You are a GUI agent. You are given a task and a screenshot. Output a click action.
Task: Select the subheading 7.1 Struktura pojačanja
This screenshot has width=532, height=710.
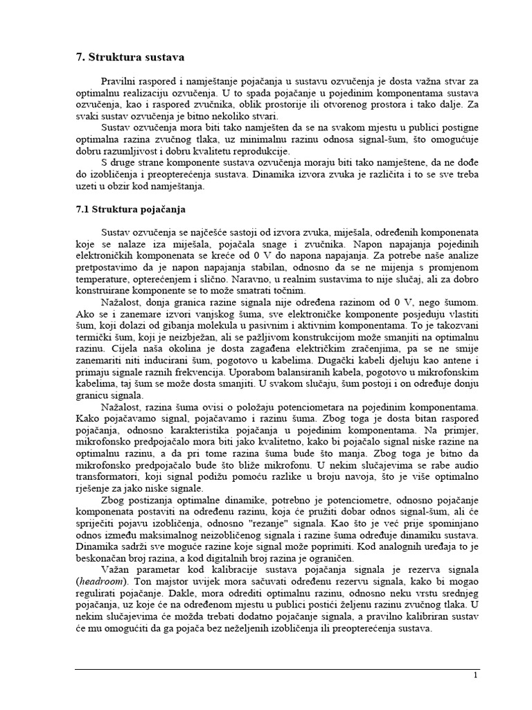(x=131, y=208)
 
